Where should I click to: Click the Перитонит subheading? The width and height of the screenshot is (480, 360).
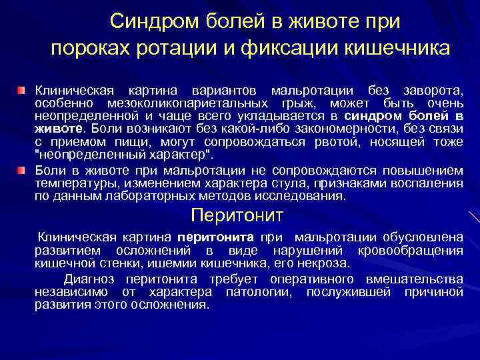[237, 215]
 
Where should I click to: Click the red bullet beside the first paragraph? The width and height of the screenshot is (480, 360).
[22, 89]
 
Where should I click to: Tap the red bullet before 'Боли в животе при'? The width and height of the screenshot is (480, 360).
[22, 171]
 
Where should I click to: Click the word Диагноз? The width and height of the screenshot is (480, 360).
[87, 279]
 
